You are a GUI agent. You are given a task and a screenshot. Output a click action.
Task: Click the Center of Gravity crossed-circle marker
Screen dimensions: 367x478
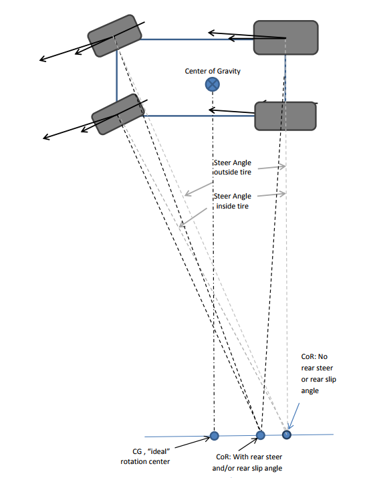[212, 84]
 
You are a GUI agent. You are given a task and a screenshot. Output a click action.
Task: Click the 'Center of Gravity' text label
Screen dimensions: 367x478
[213, 71]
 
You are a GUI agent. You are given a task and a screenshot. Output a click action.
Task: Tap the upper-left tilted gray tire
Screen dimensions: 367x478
[114, 35]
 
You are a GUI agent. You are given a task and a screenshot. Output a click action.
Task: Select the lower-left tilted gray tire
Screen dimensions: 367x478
[118, 114]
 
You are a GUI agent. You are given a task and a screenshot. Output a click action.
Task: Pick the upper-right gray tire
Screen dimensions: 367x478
[286, 37]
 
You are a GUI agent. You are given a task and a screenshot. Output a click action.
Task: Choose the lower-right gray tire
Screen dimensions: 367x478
[285, 116]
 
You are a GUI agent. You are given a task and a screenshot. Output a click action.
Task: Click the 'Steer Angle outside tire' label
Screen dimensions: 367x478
[232, 167]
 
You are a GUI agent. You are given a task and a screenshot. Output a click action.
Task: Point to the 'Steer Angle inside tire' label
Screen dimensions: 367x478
[232, 201]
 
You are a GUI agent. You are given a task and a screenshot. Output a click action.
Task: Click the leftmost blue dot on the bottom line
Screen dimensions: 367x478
[215, 436]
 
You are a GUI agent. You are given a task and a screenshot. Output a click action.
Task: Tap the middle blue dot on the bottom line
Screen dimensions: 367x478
[260, 435]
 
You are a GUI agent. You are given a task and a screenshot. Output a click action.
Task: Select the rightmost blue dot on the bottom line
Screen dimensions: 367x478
[287, 435]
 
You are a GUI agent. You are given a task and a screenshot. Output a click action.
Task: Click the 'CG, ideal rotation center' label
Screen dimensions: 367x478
[146, 457]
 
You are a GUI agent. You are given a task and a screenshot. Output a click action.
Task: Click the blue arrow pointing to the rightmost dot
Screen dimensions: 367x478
[294, 416]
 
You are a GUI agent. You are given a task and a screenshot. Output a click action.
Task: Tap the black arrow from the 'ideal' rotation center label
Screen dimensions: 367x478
[193, 443]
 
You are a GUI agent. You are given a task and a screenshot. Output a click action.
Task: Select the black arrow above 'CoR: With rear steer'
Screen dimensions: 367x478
[248, 444]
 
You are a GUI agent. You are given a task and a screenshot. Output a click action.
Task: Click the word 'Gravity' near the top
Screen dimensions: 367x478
[229, 72]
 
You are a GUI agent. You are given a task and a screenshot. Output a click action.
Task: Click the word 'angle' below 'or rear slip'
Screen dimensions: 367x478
[310, 391]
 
